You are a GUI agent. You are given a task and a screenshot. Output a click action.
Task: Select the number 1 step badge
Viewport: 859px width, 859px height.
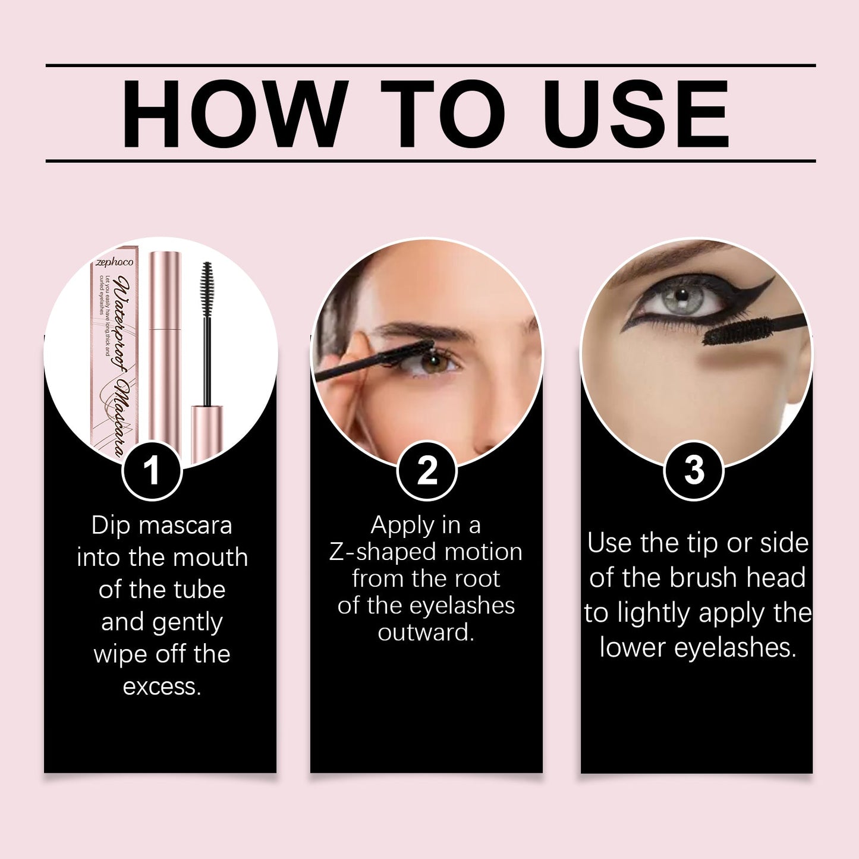(x=152, y=470)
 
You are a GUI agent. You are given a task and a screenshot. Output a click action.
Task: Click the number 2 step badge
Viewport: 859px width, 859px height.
(x=427, y=470)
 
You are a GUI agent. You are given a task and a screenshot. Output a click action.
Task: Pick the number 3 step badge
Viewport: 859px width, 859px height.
(x=694, y=470)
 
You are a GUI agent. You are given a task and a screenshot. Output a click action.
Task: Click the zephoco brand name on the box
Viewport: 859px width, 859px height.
(x=115, y=262)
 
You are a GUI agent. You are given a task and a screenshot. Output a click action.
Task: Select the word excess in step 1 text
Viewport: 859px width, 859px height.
(x=162, y=687)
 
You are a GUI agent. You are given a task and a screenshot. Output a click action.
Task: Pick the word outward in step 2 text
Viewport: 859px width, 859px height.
(x=426, y=633)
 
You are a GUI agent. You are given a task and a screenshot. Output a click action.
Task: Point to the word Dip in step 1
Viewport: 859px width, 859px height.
(x=109, y=526)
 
